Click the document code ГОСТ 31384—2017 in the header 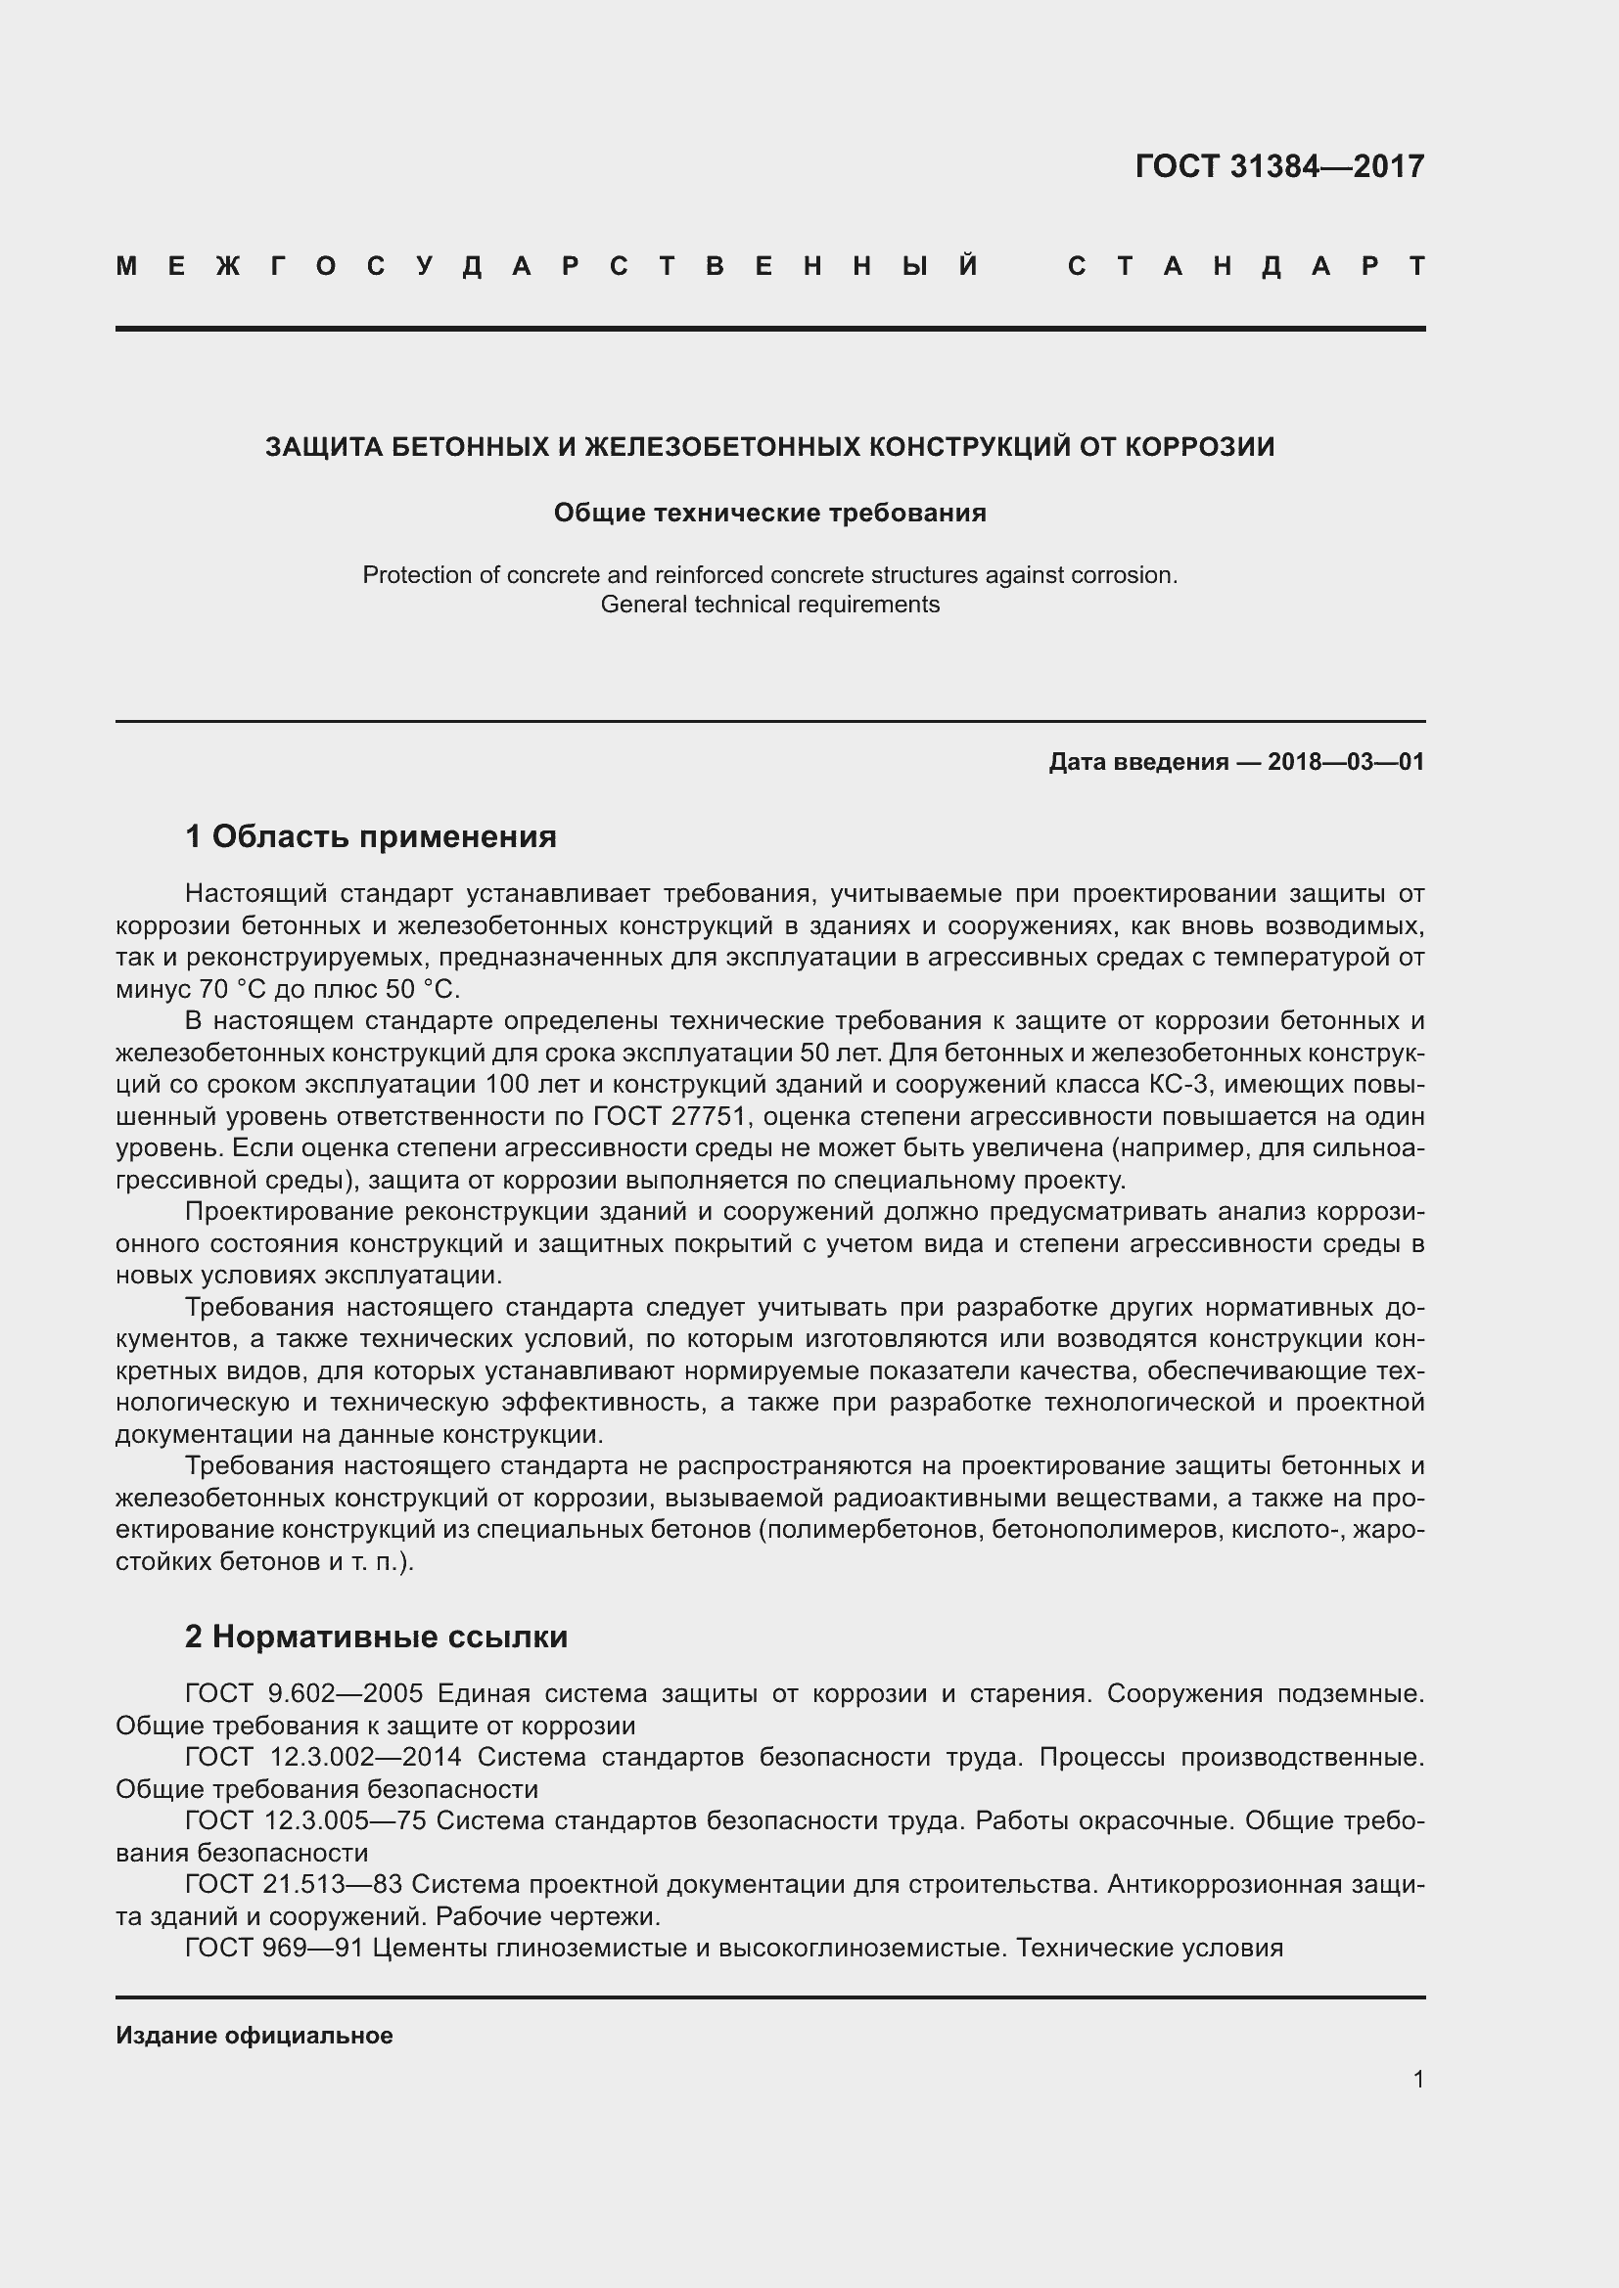point(1279,166)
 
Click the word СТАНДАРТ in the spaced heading point(1246,266)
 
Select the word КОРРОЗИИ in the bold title point(1199,446)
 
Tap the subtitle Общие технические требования point(769,513)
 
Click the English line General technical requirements point(769,604)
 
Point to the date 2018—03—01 point(1345,762)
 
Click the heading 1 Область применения point(371,836)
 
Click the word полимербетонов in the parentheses point(874,1530)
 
